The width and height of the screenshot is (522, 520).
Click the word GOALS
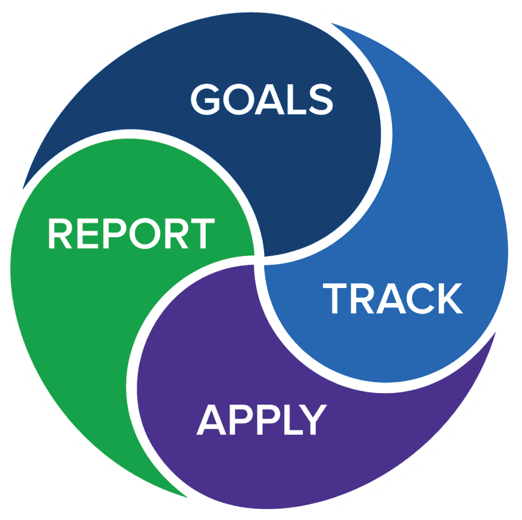pyautogui.click(x=262, y=99)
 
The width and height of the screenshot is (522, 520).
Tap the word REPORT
pyautogui.click(x=132, y=233)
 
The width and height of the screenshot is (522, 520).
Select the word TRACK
pyautogui.click(x=393, y=298)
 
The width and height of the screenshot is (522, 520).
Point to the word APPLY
pyautogui.click(x=262, y=419)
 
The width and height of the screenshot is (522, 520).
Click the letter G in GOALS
pyautogui.click(x=205, y=99)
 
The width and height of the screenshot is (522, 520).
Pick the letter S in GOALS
pyautogui.click(x=321, y=99)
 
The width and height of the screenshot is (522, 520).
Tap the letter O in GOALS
pyautogui.click(x=239, y=99)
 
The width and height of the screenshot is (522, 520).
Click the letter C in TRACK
pyautogui.click(x=420, y=298)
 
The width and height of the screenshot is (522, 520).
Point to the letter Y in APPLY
pyautogui.click(x=313, y=419)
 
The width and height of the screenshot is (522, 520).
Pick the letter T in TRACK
pyautogui.click(x=335, y=298)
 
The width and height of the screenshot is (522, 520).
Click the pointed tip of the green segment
pyautogui.click(x=188, y=498)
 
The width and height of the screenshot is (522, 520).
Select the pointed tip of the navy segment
pyautogui.click(x=22, y=189)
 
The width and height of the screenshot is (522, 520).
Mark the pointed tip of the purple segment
pyautogui.click(x=496, y=332)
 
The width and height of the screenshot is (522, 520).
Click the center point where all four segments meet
pyautogui.click(x=259, y=260)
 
